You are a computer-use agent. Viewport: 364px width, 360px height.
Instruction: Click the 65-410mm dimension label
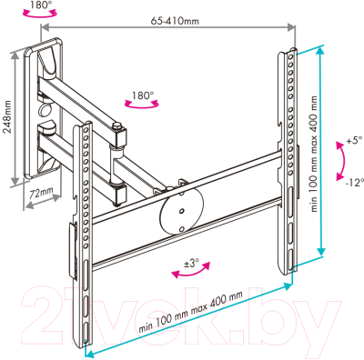coord(175,21)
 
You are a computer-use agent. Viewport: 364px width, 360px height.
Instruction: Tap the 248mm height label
coord(7,116)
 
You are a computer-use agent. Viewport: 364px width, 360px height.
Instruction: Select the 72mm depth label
coord(41,193)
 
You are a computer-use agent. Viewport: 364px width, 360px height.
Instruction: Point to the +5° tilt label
coord(353,141)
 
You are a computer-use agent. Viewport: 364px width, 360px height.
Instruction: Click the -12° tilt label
coord(354,183)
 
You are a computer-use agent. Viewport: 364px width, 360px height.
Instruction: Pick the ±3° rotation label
coord(192,264)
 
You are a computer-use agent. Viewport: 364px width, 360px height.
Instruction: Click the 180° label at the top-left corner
coord(39,5)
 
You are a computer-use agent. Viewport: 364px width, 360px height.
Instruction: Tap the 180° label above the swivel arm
coord(142,95)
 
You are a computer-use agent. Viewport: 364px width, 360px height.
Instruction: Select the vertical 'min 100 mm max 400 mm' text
coord(314,154)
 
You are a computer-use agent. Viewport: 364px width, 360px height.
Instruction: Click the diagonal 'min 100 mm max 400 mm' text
coord(191,312)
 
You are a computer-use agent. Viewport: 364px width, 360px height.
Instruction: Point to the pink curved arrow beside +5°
coord(341,161)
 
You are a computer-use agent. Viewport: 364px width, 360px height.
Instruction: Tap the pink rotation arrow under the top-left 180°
coord(40,14)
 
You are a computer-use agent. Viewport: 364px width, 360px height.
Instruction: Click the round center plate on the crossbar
coord(181,212)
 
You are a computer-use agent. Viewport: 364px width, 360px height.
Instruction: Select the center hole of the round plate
coord(181,211)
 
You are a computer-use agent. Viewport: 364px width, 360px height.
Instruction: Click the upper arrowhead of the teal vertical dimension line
coord(319,52)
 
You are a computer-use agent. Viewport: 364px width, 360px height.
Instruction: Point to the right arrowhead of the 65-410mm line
coord(291,27)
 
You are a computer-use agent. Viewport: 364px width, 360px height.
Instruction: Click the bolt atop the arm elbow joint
coord(117,125)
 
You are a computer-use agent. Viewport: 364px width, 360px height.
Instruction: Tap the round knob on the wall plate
coord(45,108)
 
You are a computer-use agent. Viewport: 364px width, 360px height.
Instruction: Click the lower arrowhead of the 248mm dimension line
coord(15,181)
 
